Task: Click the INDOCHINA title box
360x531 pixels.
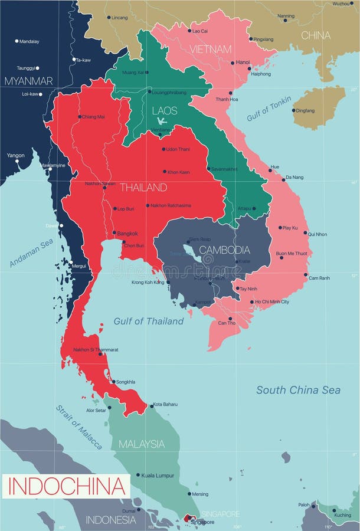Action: pos(66,487)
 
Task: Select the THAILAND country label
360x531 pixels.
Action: pos(143,188)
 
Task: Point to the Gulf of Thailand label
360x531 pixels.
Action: pos(149,322)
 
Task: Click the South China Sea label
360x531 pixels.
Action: pos(298,390)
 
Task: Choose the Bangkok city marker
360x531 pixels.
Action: pos(114,233)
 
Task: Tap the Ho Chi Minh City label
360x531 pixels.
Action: pos(272,302)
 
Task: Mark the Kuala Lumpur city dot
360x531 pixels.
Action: pos(138,475)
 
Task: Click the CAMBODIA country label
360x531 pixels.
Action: pos(224,250)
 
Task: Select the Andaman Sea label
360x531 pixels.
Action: pos(31,253)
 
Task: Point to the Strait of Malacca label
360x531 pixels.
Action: pos(79,427)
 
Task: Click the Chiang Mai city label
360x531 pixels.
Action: pos(93,117)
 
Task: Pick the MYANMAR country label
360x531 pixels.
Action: pos(28,81)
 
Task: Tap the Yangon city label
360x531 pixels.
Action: pos(15,155)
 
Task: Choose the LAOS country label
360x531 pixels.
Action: pos(164,111)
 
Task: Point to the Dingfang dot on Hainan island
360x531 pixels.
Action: pos(293,110)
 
